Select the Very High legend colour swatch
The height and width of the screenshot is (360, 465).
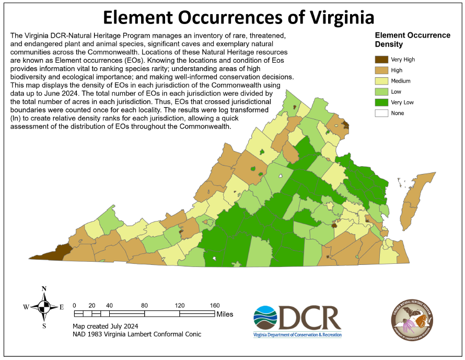click(380, 60)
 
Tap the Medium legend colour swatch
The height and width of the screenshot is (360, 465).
click(380, 81)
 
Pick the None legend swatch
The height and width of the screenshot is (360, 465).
click(380, 113)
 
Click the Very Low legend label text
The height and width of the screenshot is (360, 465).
click(403, 102)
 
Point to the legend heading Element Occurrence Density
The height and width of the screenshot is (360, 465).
click(412, 40)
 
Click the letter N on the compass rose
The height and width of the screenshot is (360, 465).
click(44, 289)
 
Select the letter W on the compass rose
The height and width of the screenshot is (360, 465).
click(26, 307)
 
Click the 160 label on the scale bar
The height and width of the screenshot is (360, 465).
click(214, 306)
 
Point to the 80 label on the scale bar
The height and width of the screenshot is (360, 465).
click(144, 306)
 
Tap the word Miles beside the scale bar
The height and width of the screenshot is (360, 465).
click(225, 314)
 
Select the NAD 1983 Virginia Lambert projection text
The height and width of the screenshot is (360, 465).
click(136, 334)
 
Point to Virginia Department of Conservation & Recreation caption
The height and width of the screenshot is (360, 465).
click(297, 334)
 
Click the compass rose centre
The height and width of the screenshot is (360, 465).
click(44, 307)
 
